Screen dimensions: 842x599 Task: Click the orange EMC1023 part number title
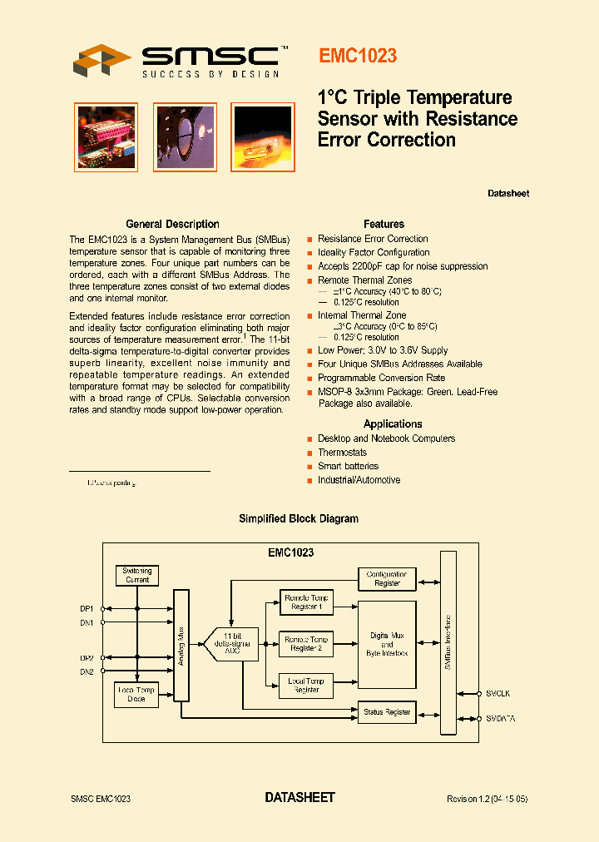pyautogui.click(x=358, y=56)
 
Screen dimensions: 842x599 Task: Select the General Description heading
pyautogui.click(x=172, y=224)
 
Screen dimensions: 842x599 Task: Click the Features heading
pyautogui.click(x=384, y=224)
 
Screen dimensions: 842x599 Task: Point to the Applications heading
pyautogui.click(x=393, y=424)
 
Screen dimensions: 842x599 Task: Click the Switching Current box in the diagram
pyautogui.click(x=137, y=575)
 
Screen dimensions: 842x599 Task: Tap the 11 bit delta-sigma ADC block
pyautogui.click(x=233, y=643)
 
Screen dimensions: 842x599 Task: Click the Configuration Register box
pyautogui.click(x=387, y=578)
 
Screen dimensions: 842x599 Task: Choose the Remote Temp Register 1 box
pyautogui.click(x=305, y=602)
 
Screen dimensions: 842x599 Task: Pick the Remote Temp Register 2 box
pyautogui.click(x=305, y=643)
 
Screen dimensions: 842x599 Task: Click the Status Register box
pyautogui.click(x=387, y=712)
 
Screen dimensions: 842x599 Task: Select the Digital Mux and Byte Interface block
pyautogui.click(x=387, y=644)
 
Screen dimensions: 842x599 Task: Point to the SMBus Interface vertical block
pyautogui.click(x=448, y=642)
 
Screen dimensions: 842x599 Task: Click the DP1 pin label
pyautogui.click(x=87, y=608)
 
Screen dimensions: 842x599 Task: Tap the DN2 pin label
pyautogui.click(x=87, y=671)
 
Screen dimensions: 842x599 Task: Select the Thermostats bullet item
pyautogui.click(x=342, y=453)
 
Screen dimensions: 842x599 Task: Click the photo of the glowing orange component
pyautogui.click(x=262, y=136)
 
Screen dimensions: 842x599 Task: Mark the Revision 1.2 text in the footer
pyautogui.click(x=487, y=799)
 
